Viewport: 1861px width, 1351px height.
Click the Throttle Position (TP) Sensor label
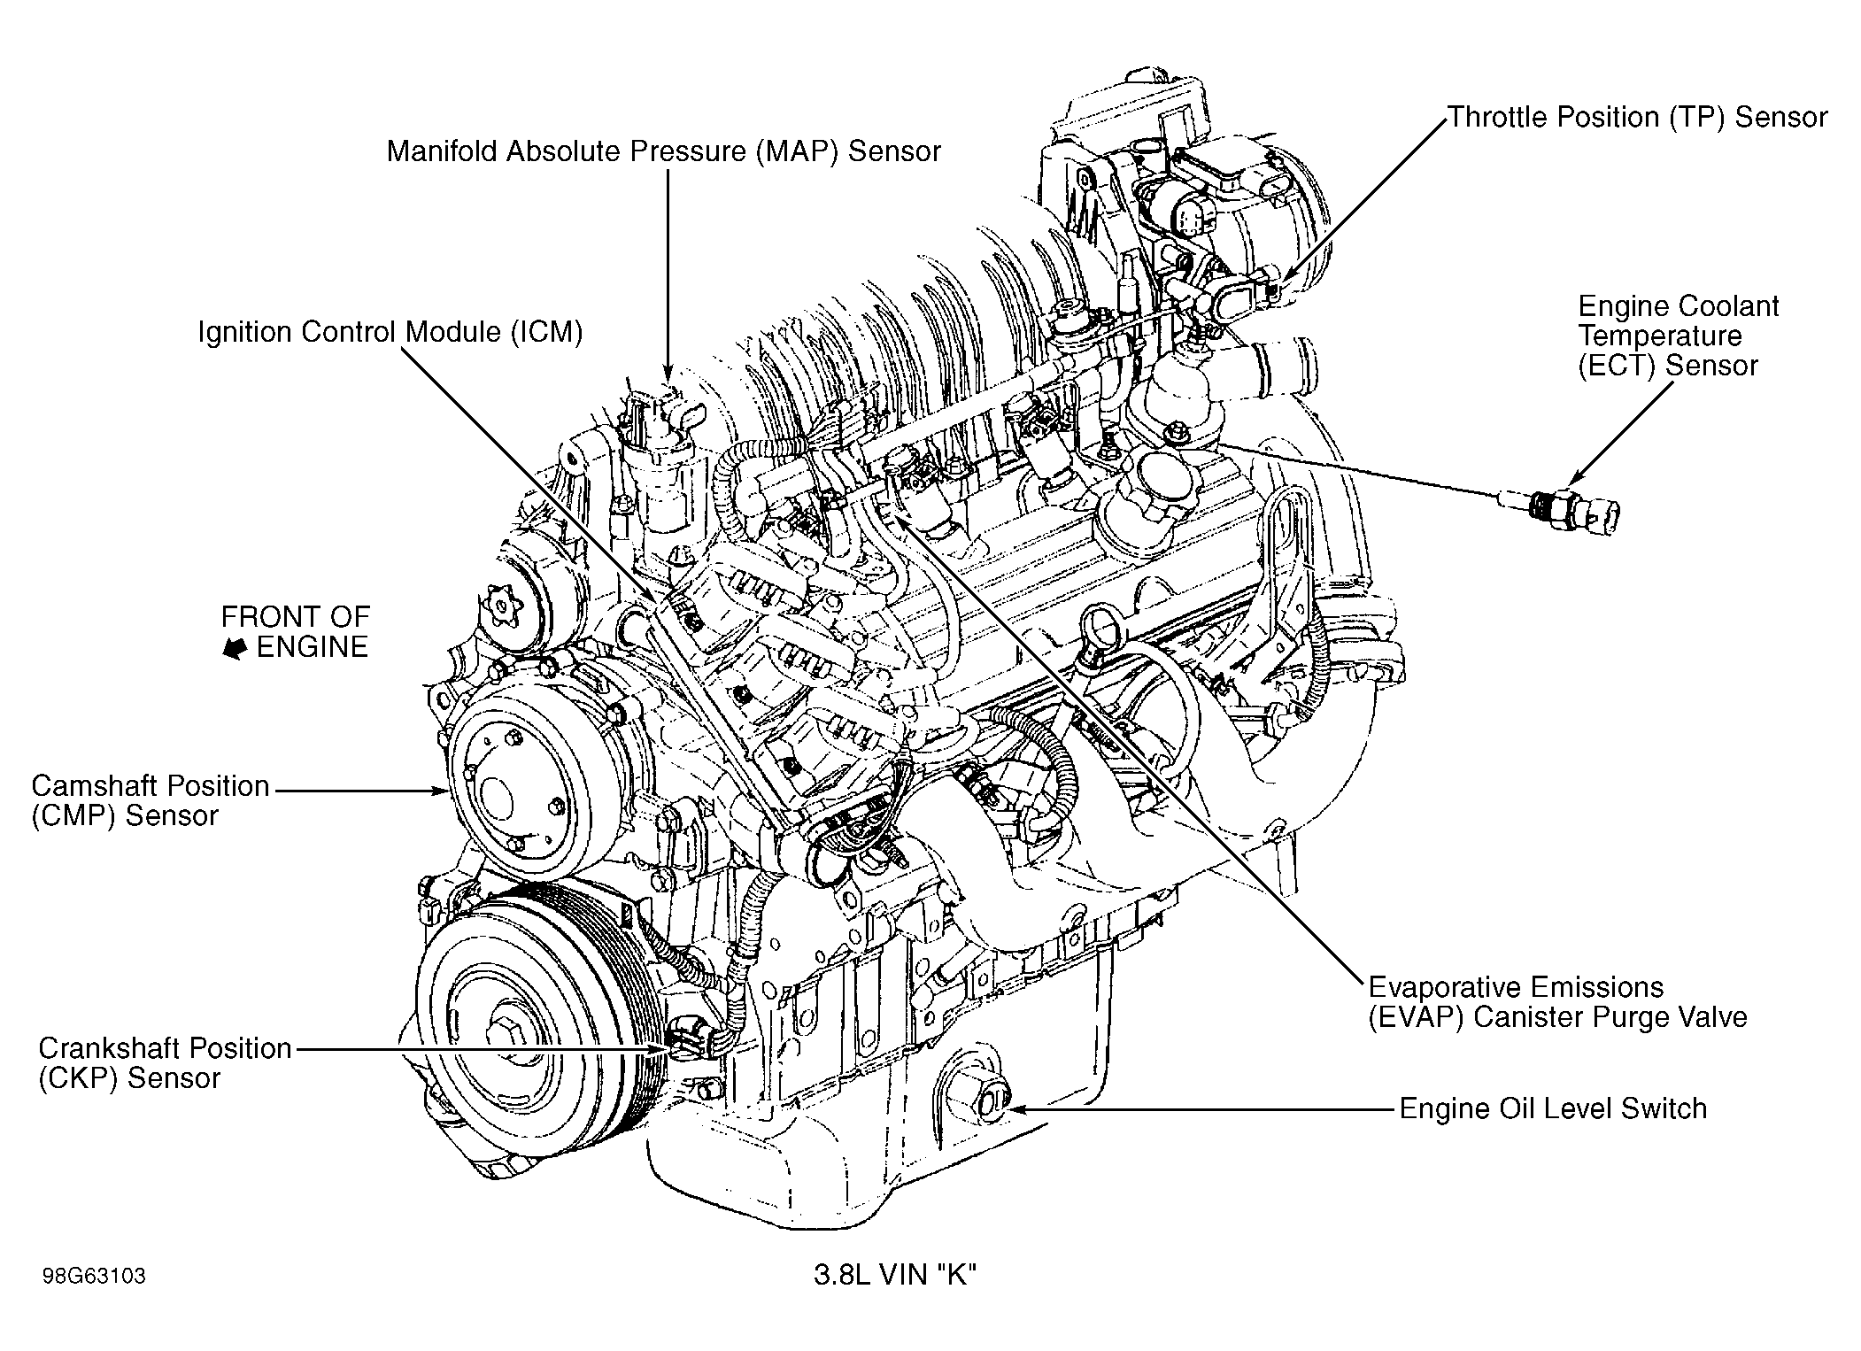pos(1637,118)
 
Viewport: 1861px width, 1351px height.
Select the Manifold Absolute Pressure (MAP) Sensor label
pos(663,151)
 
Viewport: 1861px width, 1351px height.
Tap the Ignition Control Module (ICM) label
pos(390,333)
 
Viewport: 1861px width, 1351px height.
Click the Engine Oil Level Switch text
pos(1552,1108)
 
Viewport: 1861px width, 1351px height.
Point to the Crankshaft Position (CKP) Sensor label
pos(165,1062)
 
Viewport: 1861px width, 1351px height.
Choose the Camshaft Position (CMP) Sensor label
pos(151,800)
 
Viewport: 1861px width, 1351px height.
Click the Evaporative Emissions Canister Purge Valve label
pos(1557,1001)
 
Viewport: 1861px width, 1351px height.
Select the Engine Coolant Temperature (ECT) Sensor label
pos(1678,336)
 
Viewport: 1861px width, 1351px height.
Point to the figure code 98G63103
pos(93,1276)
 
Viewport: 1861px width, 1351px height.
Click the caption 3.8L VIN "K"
pos(894,1276)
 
